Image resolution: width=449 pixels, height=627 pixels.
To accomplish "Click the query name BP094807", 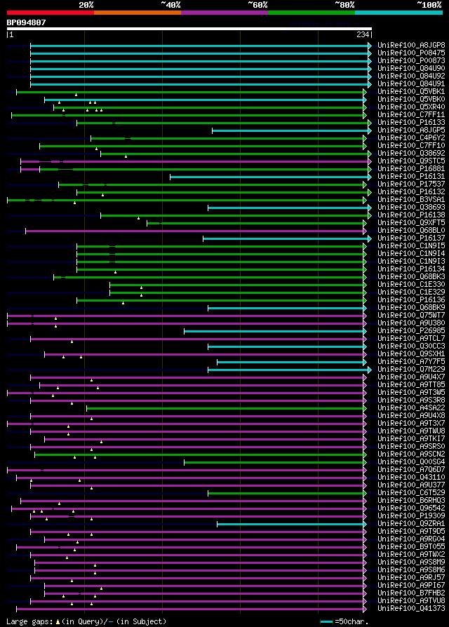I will click(27, 22).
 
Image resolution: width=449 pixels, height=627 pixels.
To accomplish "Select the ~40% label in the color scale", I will click(170, 5).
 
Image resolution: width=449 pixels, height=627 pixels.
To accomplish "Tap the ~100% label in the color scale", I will click(429, 5).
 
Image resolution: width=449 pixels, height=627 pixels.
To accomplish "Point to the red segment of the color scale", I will click(49, 12).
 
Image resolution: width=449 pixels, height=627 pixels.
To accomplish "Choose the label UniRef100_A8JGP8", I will click(410, 46).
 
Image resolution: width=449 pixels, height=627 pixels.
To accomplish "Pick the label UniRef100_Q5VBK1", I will click(410, 91).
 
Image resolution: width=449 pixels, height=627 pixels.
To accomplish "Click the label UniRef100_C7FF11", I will click(410, 114).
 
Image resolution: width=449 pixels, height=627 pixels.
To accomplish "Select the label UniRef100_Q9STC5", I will click(410, 161).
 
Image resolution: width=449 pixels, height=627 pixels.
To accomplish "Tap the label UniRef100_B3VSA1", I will click(410, 199).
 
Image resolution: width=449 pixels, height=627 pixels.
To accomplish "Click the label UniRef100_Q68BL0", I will click(410, 230).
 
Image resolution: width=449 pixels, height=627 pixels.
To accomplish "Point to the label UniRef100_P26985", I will click(410, 330).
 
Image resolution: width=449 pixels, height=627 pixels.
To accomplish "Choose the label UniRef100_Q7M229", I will click(410, 369).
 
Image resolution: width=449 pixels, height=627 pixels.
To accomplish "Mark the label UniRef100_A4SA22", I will click(410, 407).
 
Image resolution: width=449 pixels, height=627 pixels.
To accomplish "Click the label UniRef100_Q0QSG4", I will click(410, 461).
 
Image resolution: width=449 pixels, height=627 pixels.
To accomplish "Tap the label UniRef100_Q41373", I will click(410, 608).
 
